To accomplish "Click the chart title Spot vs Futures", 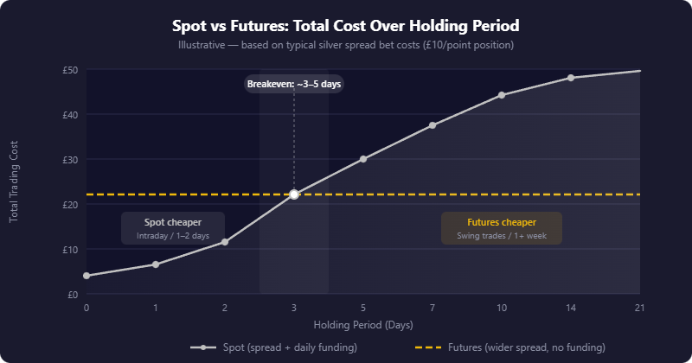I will click(x=346, y=26).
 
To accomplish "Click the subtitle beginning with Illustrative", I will click(x=346, y=44).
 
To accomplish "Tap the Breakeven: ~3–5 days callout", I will click(x=294, y=84).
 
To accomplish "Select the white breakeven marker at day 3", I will click(x=294, y=194).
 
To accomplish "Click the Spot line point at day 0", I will click(x=86, y=276).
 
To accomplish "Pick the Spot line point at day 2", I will click(x=225, y=242).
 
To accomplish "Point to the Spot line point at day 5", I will click(x=363, y=159).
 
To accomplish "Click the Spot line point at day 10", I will click(x=502, y=95).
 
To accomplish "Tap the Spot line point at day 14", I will click(x=571, y=78).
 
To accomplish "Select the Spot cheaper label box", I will click(x=173, y=228).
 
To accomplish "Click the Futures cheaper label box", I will click(x=502, y=228).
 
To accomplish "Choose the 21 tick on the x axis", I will click(x=640, y=308).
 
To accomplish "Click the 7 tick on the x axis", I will click(x=432, y=308).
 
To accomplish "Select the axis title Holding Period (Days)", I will click(x=363, y=326).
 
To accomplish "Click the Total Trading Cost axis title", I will click(x=14, y=181).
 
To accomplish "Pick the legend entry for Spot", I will click(x=273, y=347).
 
